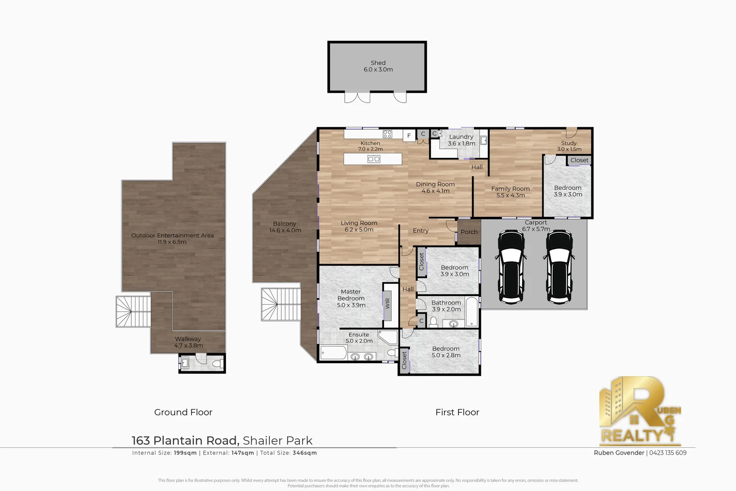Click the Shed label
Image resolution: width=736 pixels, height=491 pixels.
coord(378,66)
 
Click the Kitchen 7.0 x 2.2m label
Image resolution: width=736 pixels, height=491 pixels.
coord(370,146)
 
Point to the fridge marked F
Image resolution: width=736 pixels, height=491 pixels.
coord(409,135)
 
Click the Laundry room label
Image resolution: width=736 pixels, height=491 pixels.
coord(461,140)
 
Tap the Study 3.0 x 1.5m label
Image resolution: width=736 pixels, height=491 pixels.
coord(569,146)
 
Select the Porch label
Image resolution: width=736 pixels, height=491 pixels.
coord(469,232)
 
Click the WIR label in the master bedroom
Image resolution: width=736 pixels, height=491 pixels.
coord(388,303)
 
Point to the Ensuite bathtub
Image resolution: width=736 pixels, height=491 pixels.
coord(333,353)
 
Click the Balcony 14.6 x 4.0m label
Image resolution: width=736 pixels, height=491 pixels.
coord(285,227)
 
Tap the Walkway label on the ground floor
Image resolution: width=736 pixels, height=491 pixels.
coord(188,342)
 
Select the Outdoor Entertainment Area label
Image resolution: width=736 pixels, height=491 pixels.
coord(172,238)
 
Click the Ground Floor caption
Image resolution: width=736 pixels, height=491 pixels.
coord(183,412)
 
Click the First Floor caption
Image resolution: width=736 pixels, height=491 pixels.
coord(457,412)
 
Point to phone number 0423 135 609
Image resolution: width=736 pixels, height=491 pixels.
coord(668,453)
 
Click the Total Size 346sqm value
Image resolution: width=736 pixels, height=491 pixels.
coord(304,453)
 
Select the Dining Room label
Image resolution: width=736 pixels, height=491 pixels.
coord(435,187)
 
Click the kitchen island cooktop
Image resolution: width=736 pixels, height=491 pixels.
coord(374,159)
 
